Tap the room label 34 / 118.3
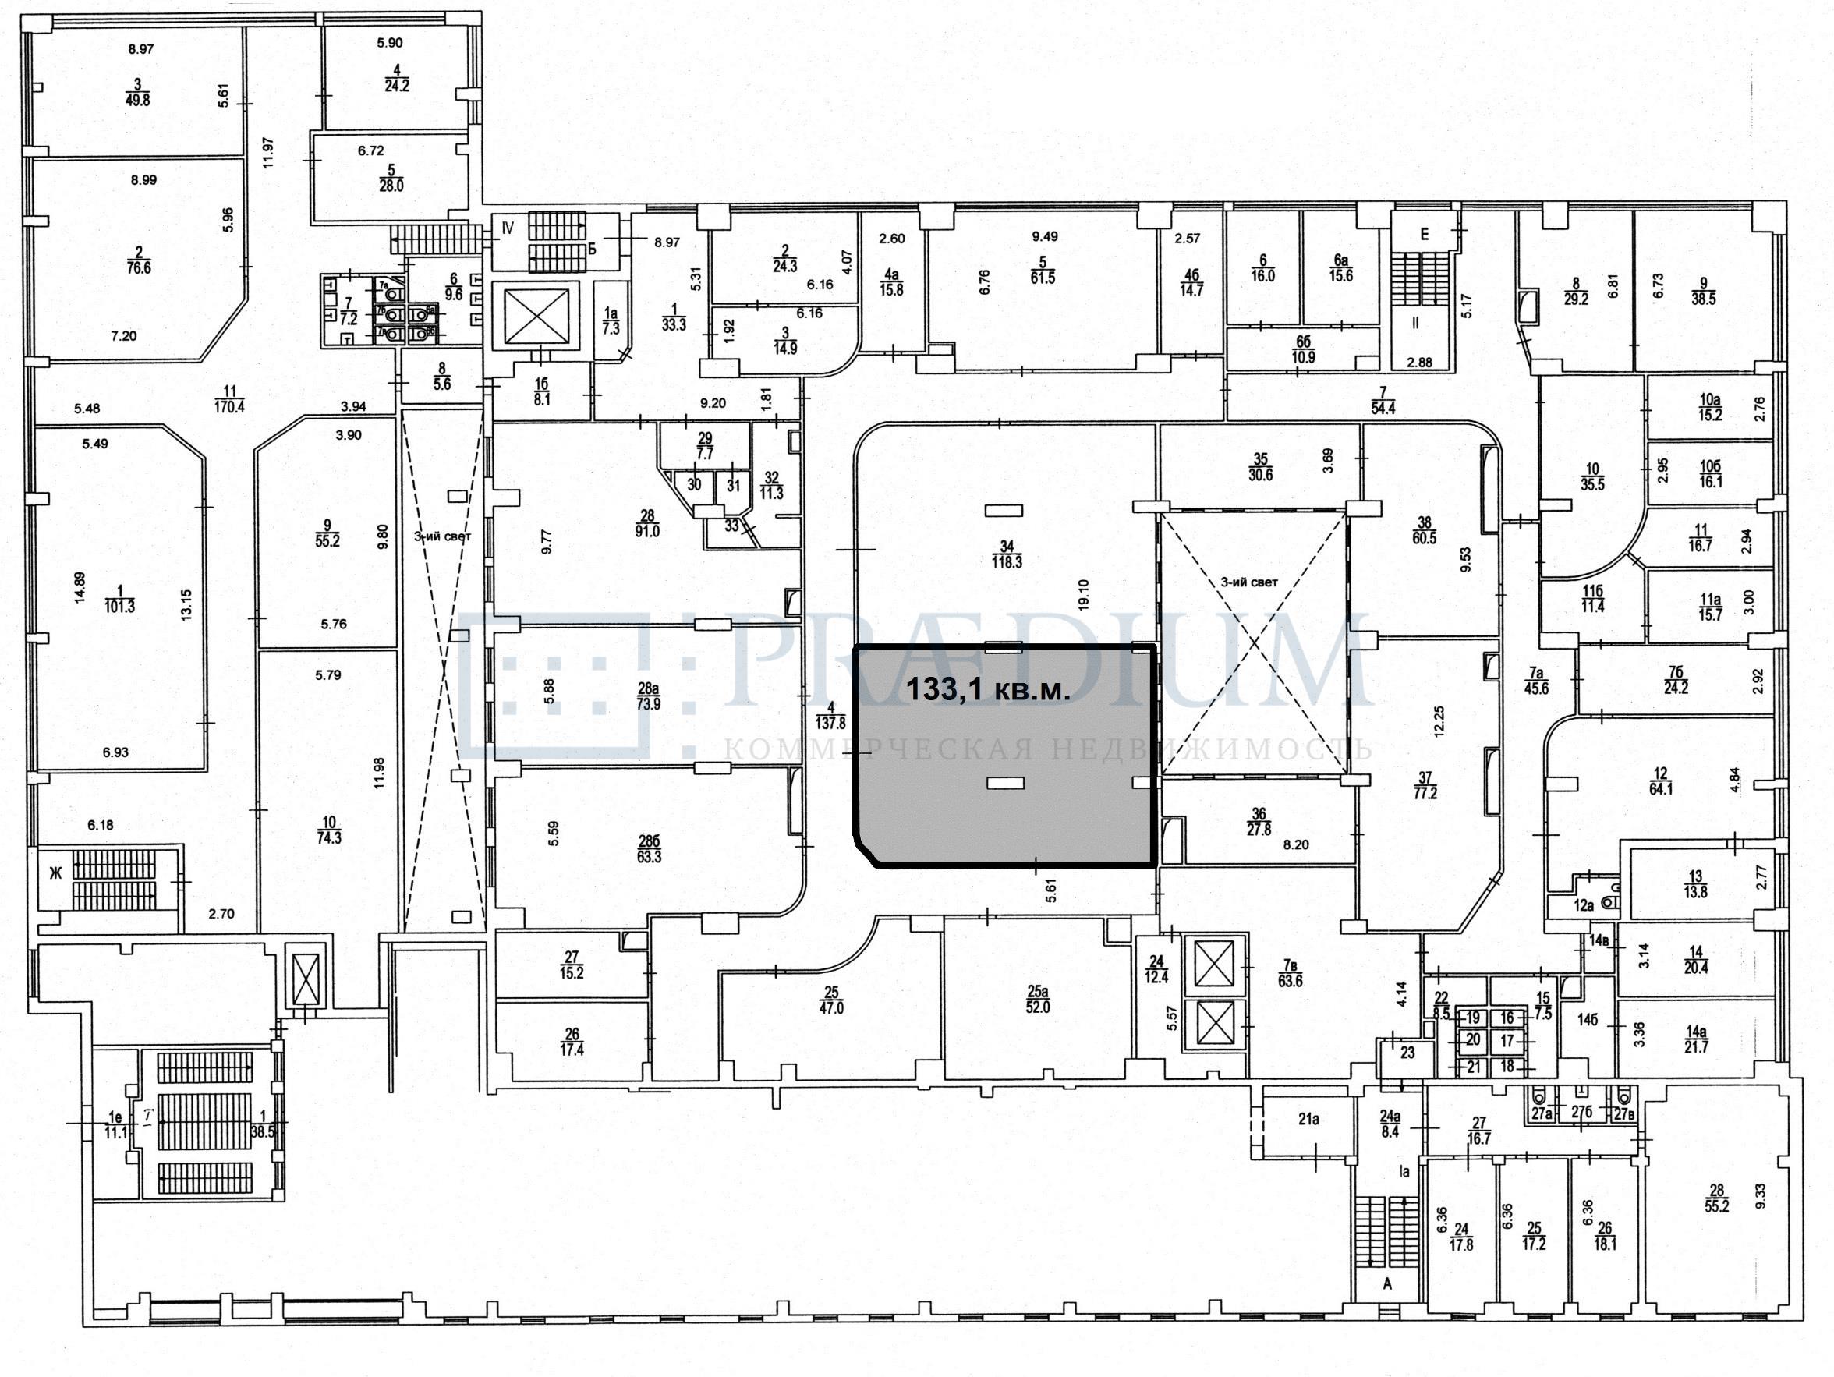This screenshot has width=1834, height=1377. coord(1007,554)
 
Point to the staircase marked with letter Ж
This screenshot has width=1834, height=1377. coord(55,873)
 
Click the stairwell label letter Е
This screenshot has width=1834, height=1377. coord(1425,235)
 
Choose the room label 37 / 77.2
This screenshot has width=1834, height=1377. coord(1425,785)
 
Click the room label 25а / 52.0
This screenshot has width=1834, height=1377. coord(1037,999)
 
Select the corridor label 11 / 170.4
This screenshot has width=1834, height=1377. coord(231,398)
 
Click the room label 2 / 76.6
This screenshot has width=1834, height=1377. coord(139,260)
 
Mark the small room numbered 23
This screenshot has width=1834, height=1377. coord(1407,1053)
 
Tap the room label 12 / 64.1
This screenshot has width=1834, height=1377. coord(1661,782)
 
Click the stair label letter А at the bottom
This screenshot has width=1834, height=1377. coord(1385,1284)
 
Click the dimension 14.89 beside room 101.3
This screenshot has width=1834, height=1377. coord(80,588)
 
